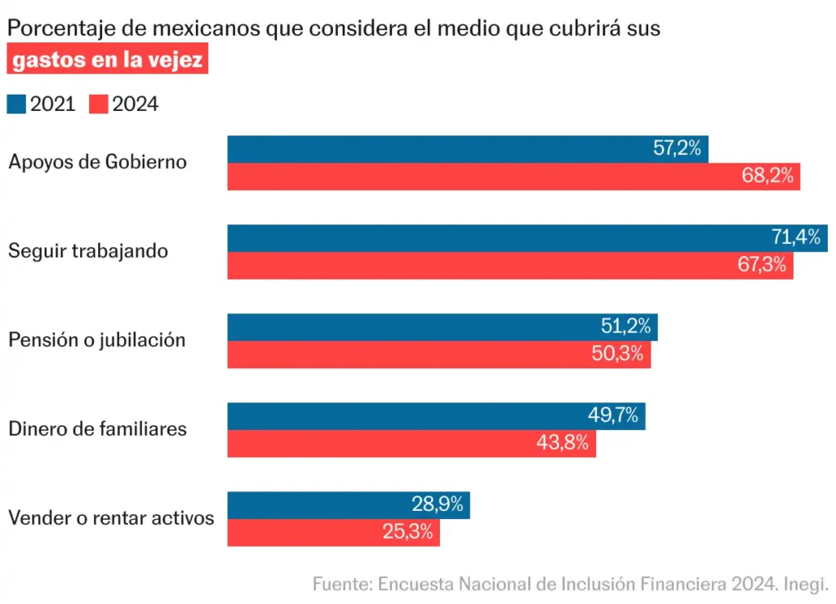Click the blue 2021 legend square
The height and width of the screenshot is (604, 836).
[16, 104]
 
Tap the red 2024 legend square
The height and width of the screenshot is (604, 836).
[99, 104]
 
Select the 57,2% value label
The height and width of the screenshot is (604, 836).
[678, 149]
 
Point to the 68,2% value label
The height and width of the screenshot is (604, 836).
[767, 176]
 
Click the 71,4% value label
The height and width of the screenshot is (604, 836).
[795, 238]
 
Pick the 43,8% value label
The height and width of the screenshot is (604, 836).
[563, 443]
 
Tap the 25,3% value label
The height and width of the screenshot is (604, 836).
[407, 532]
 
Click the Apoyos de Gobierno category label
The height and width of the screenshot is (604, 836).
[97, 162]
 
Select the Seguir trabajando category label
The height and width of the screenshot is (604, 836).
[88, 251]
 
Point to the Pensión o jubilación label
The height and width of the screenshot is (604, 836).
[97, 340]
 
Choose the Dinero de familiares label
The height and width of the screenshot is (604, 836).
[97, 429]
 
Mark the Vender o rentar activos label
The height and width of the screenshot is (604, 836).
[111, 517]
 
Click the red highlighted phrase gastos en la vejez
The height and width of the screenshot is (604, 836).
[107, 60]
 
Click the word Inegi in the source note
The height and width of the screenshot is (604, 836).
[805, 584]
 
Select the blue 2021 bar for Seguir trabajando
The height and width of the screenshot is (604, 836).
[490, 238]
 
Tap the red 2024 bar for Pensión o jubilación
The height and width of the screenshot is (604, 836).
[408, 354]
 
